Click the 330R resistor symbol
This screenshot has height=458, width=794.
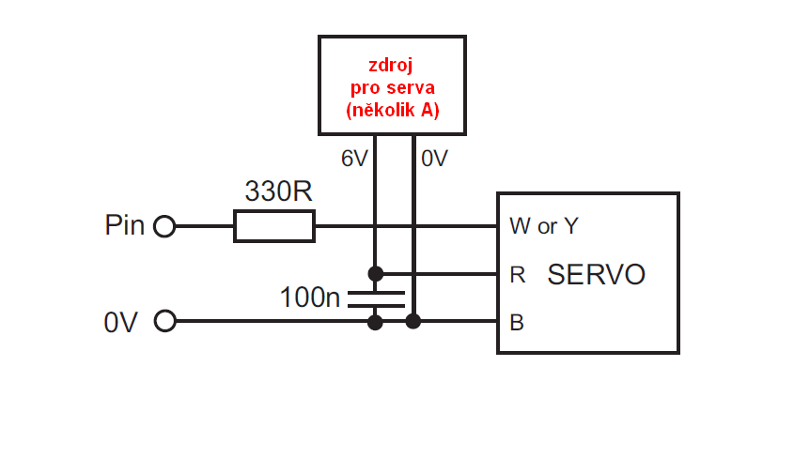click(274, 226)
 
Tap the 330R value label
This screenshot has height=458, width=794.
click(278, 191)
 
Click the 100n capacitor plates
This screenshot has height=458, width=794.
click(376, 299)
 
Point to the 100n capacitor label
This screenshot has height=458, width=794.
click(310, 298)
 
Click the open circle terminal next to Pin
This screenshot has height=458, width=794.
click(164, 226)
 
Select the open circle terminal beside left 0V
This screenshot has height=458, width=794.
click(164, 322)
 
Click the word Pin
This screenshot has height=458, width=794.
click(125, 226)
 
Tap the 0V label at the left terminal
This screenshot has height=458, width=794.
click(121, 323)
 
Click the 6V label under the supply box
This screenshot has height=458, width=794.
click(354, 160)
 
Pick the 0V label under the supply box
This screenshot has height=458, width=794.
click(434, 160)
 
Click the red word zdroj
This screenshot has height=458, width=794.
click(392, 66)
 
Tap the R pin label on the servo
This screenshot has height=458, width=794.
click(517, 275)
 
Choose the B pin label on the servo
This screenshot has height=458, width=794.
click(516, 323)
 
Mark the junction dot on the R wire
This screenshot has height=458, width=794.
click(376, 274)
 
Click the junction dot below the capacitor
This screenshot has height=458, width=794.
click(376, 322)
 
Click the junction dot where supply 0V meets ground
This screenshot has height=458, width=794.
click(413, 322)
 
